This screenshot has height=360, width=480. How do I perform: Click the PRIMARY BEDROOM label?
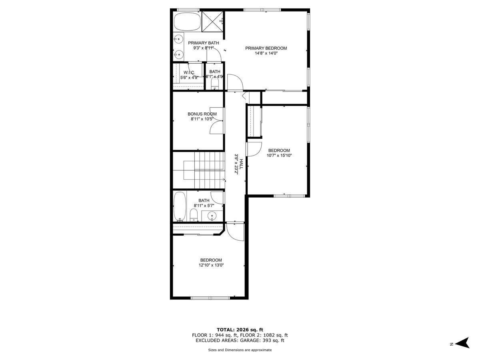[x=266, y=48]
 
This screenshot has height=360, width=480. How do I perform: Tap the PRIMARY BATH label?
[x=204, y=43]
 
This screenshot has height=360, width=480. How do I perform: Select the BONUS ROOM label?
[x=202, y=114]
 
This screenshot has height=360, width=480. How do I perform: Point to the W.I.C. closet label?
[x=189, y=72]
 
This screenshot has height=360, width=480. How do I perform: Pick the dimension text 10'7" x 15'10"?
[x=280, y=156]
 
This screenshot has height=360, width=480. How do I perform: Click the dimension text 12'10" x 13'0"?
[x=211, y=265]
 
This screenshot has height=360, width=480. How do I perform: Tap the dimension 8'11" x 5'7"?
[x=204, y=206]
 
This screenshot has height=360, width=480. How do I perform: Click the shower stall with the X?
[x=212, y=21]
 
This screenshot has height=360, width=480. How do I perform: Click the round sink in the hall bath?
[x=212, y=216]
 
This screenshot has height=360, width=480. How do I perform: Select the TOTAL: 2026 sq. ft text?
[x=240, y=330]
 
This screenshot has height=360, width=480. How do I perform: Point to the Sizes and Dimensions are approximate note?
[x=240, y=350]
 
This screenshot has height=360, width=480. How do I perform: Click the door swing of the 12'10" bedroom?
[x=235, y=232]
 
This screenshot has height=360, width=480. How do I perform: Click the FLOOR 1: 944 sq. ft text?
[x=215, y=335]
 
